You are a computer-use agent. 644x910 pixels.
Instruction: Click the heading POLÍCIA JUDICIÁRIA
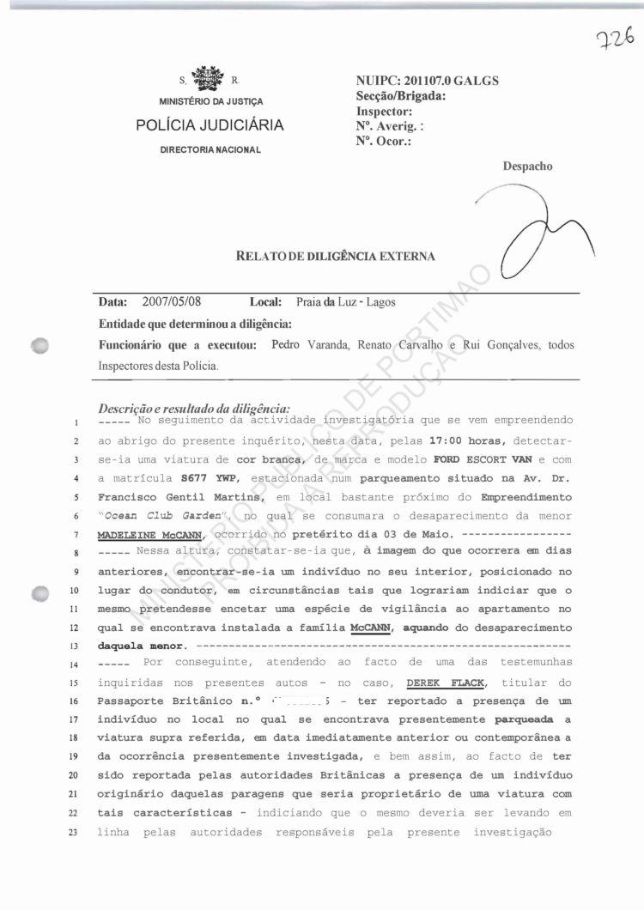210,125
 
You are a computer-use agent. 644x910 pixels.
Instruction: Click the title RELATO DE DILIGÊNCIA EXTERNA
336,256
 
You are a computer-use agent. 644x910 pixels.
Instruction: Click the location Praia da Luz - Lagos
346,302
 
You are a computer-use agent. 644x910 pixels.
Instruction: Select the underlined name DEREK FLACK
439,682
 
